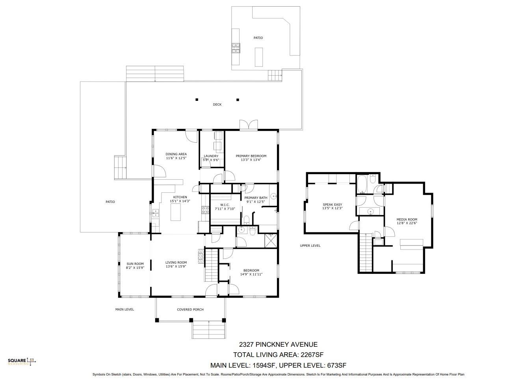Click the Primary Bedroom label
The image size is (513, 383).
(x=251, y=156)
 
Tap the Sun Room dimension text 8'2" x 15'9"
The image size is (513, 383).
(x=135, y=268)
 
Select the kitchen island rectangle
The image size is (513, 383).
(x=175, y=212)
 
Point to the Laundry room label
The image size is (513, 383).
(x=211, y=156)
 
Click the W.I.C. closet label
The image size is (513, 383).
(x=225, y=205)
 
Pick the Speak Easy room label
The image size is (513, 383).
(x=332, y=205)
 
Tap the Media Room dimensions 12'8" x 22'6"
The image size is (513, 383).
(x=407, y=223)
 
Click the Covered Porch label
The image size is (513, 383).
(x=190, y=309)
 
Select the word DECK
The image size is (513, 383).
(x=217, y=104)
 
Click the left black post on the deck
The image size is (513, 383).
(x=197, y=100)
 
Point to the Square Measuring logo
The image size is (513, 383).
(x=22, y=361)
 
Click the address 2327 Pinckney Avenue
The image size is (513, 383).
(x=278, y=344)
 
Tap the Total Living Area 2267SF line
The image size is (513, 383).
(x=278, y=355)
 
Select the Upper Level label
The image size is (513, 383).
(x=310, y=245)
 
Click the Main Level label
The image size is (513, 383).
(x=125, y=309)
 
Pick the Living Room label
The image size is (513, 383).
(x=176, y=262)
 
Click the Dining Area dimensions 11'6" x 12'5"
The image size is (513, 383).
(x=176, y=158)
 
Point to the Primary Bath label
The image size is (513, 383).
(x=256, y=198)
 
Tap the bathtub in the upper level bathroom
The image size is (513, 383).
(x=362, y=184)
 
